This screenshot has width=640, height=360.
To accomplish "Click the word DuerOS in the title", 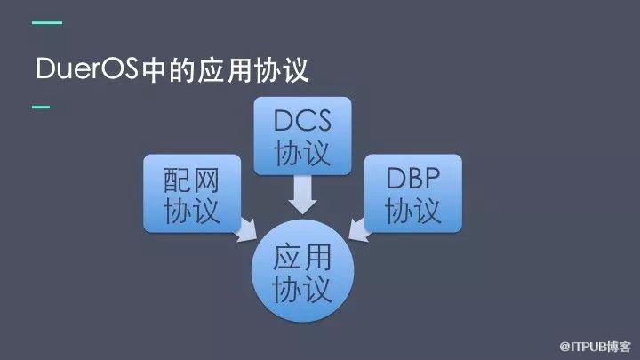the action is tap(87, 68).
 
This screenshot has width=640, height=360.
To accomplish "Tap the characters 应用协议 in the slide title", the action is tap(253, 70).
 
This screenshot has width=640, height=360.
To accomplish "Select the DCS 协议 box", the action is tap(302, 136).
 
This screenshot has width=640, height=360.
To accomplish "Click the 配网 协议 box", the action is tap(192, 194).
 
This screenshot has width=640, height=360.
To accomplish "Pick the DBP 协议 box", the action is tap(413, 194).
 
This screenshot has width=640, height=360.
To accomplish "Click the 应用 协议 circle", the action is tap(302, 270).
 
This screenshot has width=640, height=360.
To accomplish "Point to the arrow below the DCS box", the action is tap(302, 195).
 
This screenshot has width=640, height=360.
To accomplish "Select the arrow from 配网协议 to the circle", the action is tap(246, 230).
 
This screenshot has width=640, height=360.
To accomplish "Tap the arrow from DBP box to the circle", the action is tap(359, 230).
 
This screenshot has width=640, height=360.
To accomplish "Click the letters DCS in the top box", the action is tap(302, 120).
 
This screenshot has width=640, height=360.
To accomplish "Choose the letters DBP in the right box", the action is tap(413, 178).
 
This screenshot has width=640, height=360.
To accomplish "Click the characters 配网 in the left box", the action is tap(191, 180).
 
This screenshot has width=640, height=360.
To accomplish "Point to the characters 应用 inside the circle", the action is tap(302, 257).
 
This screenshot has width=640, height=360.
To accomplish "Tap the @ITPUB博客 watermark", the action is tap(595, 347).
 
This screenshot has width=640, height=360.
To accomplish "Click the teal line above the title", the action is tap(47, 23).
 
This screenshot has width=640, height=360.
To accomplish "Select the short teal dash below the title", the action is tap(41, 107).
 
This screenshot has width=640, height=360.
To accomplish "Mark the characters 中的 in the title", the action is tap(168, 70).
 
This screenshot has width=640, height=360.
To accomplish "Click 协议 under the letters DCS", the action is tap(302, 153).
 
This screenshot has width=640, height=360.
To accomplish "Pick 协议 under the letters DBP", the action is tap(413, 211).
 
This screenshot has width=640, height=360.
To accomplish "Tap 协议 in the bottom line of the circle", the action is tap(302, 289).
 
